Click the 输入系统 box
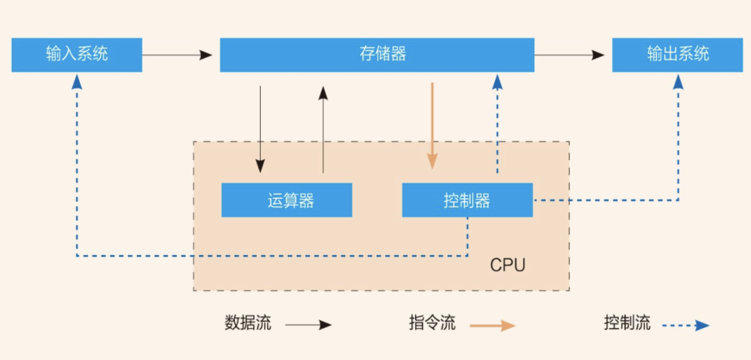76,55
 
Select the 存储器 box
377,55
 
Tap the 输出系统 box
678,55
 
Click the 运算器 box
286,201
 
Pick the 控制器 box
467,201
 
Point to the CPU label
508,265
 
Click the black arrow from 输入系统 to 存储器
177,55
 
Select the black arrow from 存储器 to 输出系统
570,55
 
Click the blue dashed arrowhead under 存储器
497,83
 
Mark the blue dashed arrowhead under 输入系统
77,81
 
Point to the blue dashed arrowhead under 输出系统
678,81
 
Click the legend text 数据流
248,323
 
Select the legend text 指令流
433,323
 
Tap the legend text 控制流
627,323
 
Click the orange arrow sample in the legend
492,325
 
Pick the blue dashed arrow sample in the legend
685,325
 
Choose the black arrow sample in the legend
309,325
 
